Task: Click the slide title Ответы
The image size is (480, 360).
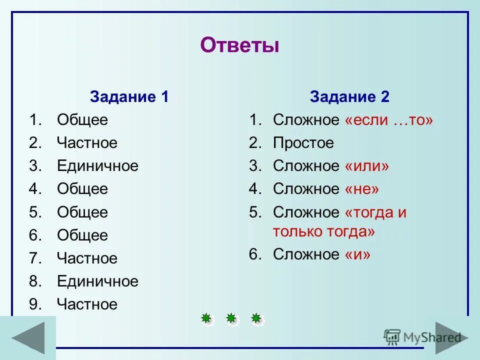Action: pos(239,46)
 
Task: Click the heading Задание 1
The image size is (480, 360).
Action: pos(129,96)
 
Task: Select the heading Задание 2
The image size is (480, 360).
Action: pos(349,96)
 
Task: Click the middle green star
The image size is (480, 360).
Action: pos(231,318)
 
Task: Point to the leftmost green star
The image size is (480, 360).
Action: pos(206,318)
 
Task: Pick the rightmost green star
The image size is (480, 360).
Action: pos(256,318)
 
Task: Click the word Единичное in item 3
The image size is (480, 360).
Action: pos(97,166)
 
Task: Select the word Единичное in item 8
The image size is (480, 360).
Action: pos(97,281)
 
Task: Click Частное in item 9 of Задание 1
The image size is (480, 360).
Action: pos(87,304)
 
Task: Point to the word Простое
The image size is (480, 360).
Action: pos(303,143)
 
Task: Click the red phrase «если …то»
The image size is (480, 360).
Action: pos(388,120)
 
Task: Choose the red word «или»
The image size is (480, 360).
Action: pos(366,166)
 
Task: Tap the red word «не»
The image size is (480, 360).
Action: pos(362,189)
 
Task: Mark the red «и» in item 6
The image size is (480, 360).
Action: pos(357,254)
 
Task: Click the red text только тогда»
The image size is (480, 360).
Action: pos(323,231)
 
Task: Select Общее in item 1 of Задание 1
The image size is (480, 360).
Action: pos(82,120)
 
